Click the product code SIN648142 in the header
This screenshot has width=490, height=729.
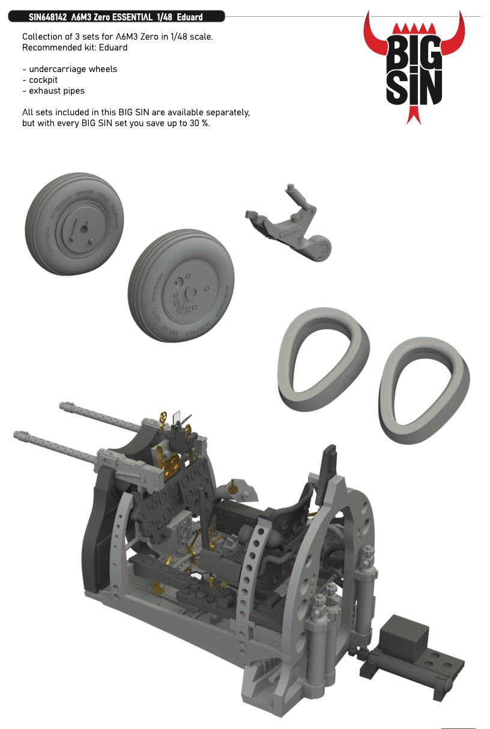pos(49,17)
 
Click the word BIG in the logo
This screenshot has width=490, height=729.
pos(414,56)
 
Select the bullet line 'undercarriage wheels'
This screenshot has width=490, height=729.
pos(73,69)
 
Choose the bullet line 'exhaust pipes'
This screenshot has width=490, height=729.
pos(56,91)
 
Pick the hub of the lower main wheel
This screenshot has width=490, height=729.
pos(191,292)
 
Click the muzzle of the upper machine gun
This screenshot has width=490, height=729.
pos(64,407)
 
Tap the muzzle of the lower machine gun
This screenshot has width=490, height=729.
pos(18,434)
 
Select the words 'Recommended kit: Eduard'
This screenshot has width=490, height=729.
pos(75,47)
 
